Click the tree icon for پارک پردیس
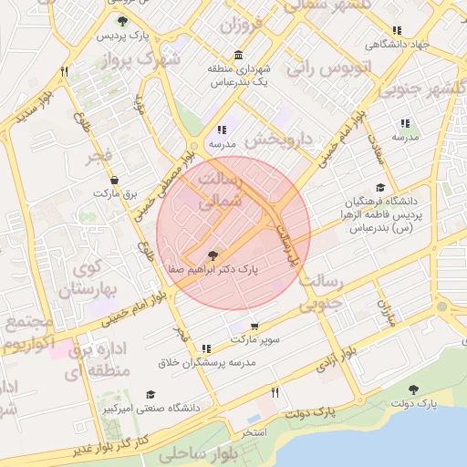click(x=123, y=21)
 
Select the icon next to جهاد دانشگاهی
click(x=396, y=30)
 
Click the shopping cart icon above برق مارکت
click(x=114, y=180)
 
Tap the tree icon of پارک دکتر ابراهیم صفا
click(x=213, y=256)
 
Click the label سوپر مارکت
click(x=254, y=339)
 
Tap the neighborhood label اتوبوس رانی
click(x=325, y=67)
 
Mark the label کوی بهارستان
click(x=83, y=279)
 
